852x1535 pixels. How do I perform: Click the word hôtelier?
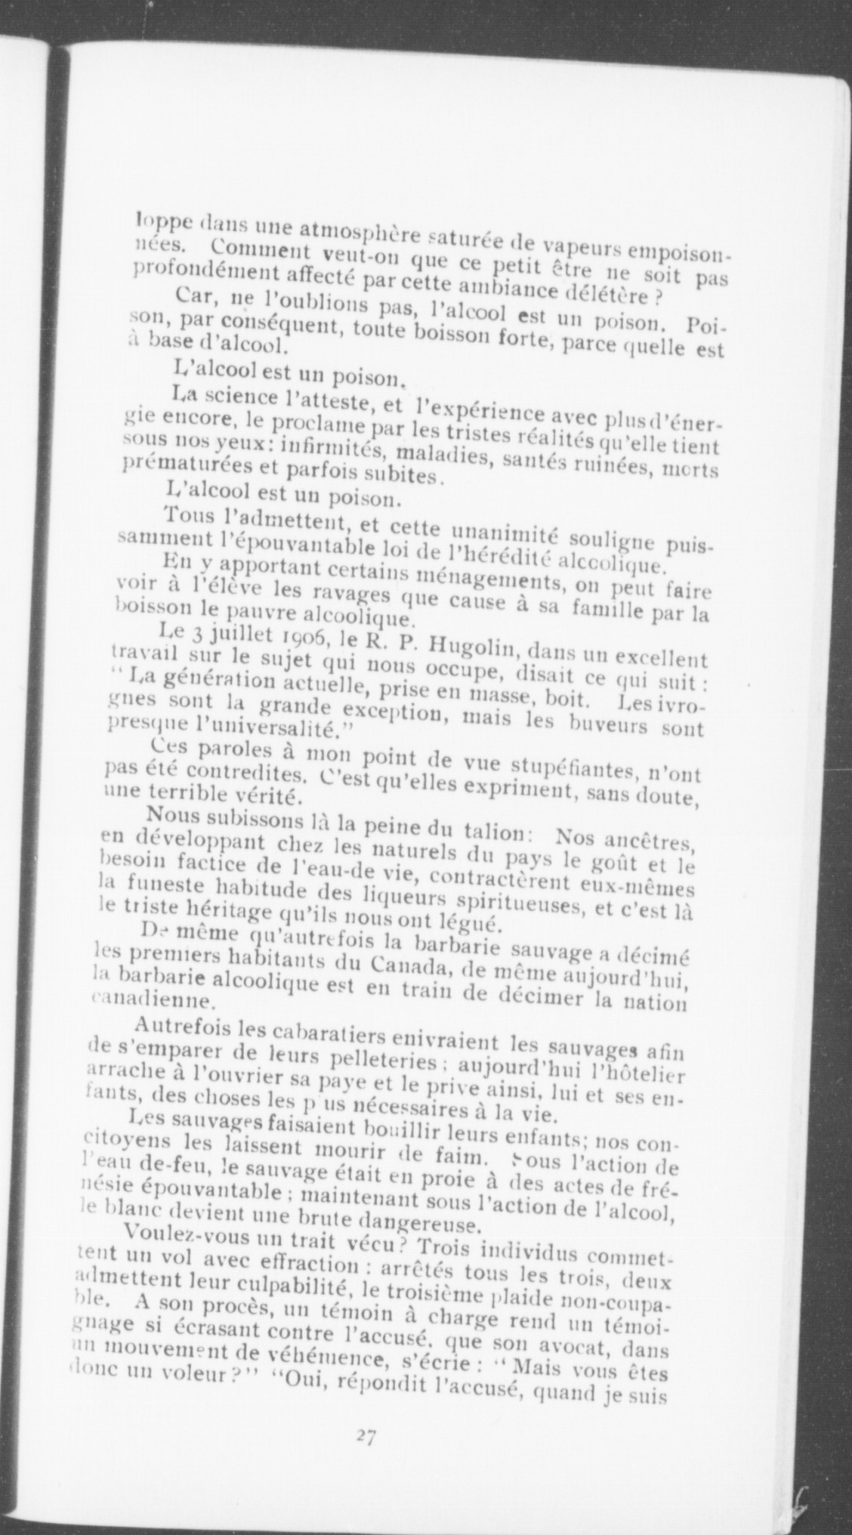(x=642, y=1072)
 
